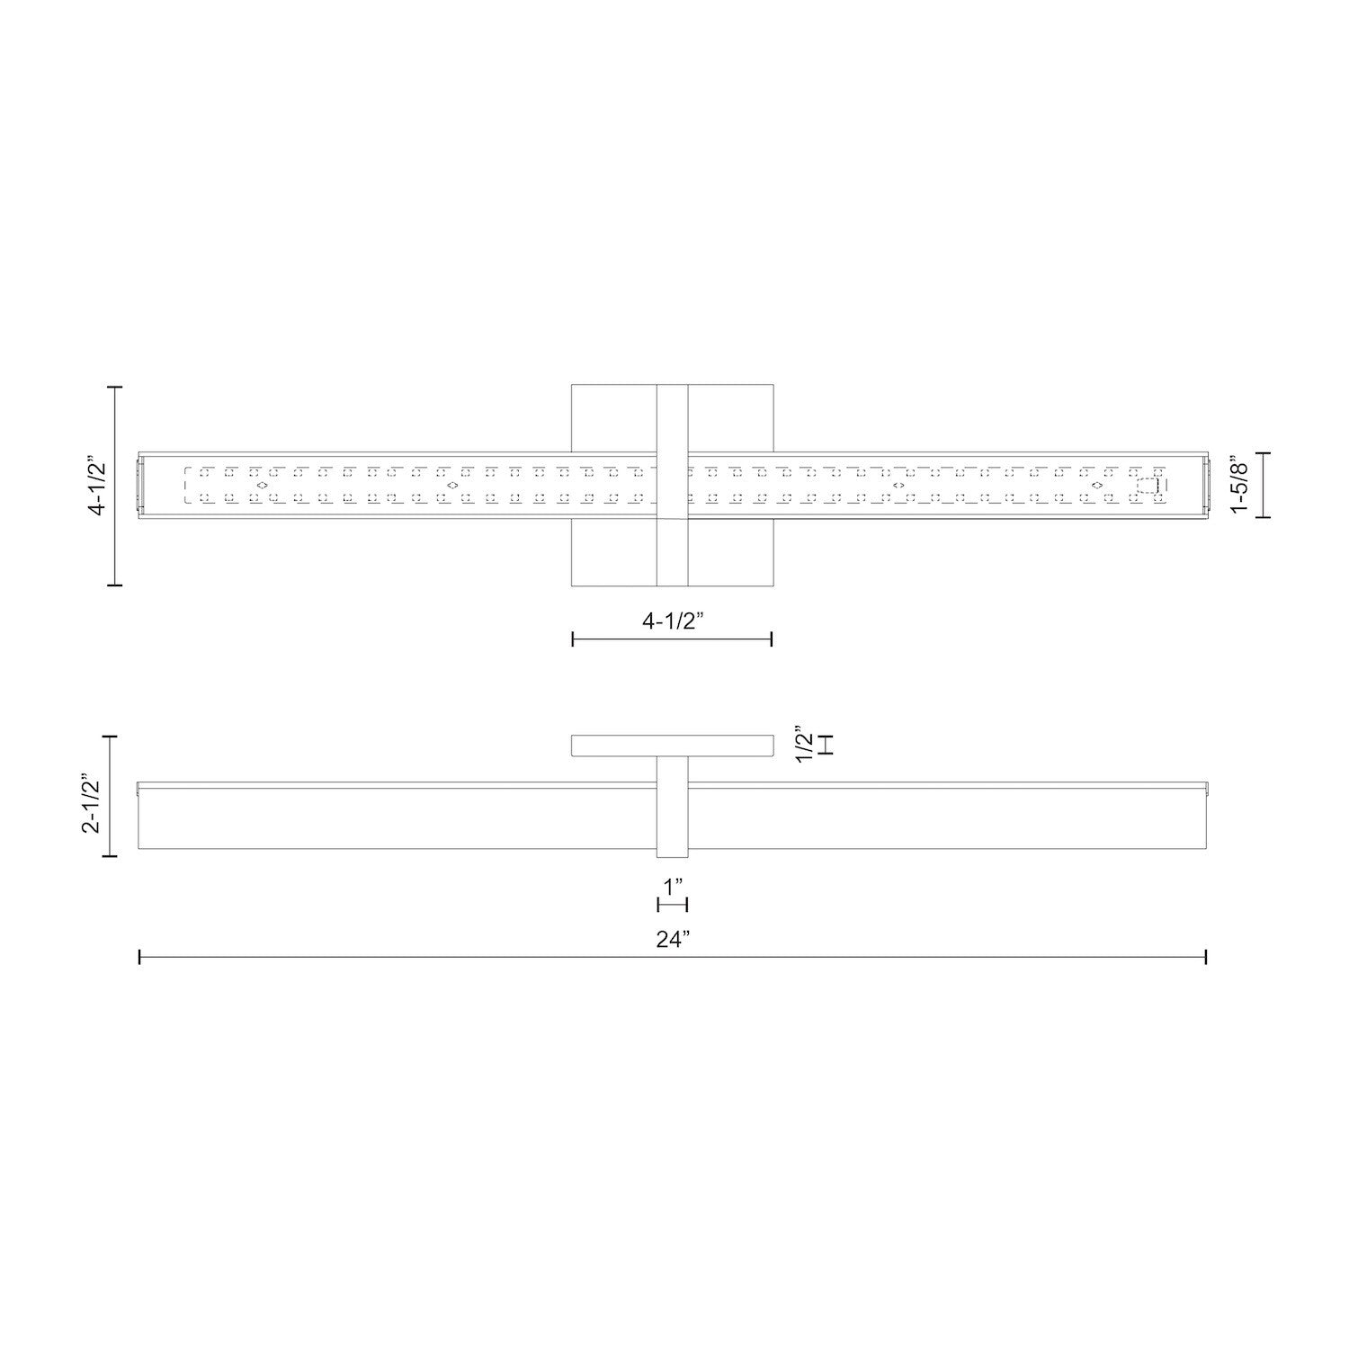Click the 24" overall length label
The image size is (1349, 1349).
[x=672, y=940]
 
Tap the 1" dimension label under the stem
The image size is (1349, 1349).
[x=672, y=887]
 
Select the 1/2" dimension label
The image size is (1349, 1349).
[x=807, y=744]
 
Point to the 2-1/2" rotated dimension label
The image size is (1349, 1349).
[x=93, y=797]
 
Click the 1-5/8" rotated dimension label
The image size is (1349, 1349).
[x=1242, y=486]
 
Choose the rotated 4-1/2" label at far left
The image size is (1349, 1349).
[x=97, y=486]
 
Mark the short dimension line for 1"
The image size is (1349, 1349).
[x=672, y=905]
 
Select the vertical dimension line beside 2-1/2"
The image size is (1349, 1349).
[x=112, y=797]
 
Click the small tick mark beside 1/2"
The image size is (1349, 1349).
[x=829, y=745]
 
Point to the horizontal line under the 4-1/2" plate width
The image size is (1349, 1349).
[x=672, y=639]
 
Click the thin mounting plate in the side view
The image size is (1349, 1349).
[x=672, y=746]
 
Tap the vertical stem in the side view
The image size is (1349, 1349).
[x=672, y=807]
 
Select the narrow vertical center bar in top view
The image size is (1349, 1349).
[x=672, y=486]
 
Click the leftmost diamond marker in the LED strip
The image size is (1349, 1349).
[x=262, y=486]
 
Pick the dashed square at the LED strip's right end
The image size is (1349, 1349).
[x=1148, y=487]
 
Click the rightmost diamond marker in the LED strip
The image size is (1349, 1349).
[x=1097, y=486]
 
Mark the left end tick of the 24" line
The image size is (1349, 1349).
[x=139, y=957]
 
